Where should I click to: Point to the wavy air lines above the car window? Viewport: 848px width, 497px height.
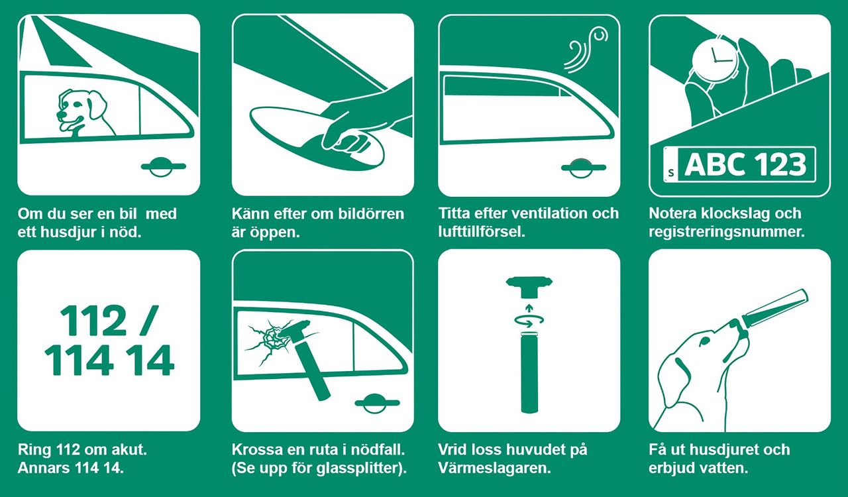583,49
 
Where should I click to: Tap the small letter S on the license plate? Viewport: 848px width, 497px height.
672,173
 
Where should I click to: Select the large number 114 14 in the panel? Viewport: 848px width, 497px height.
109,361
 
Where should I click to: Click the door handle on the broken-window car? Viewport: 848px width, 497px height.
377,402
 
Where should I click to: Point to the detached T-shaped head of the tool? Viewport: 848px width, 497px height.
529,287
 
